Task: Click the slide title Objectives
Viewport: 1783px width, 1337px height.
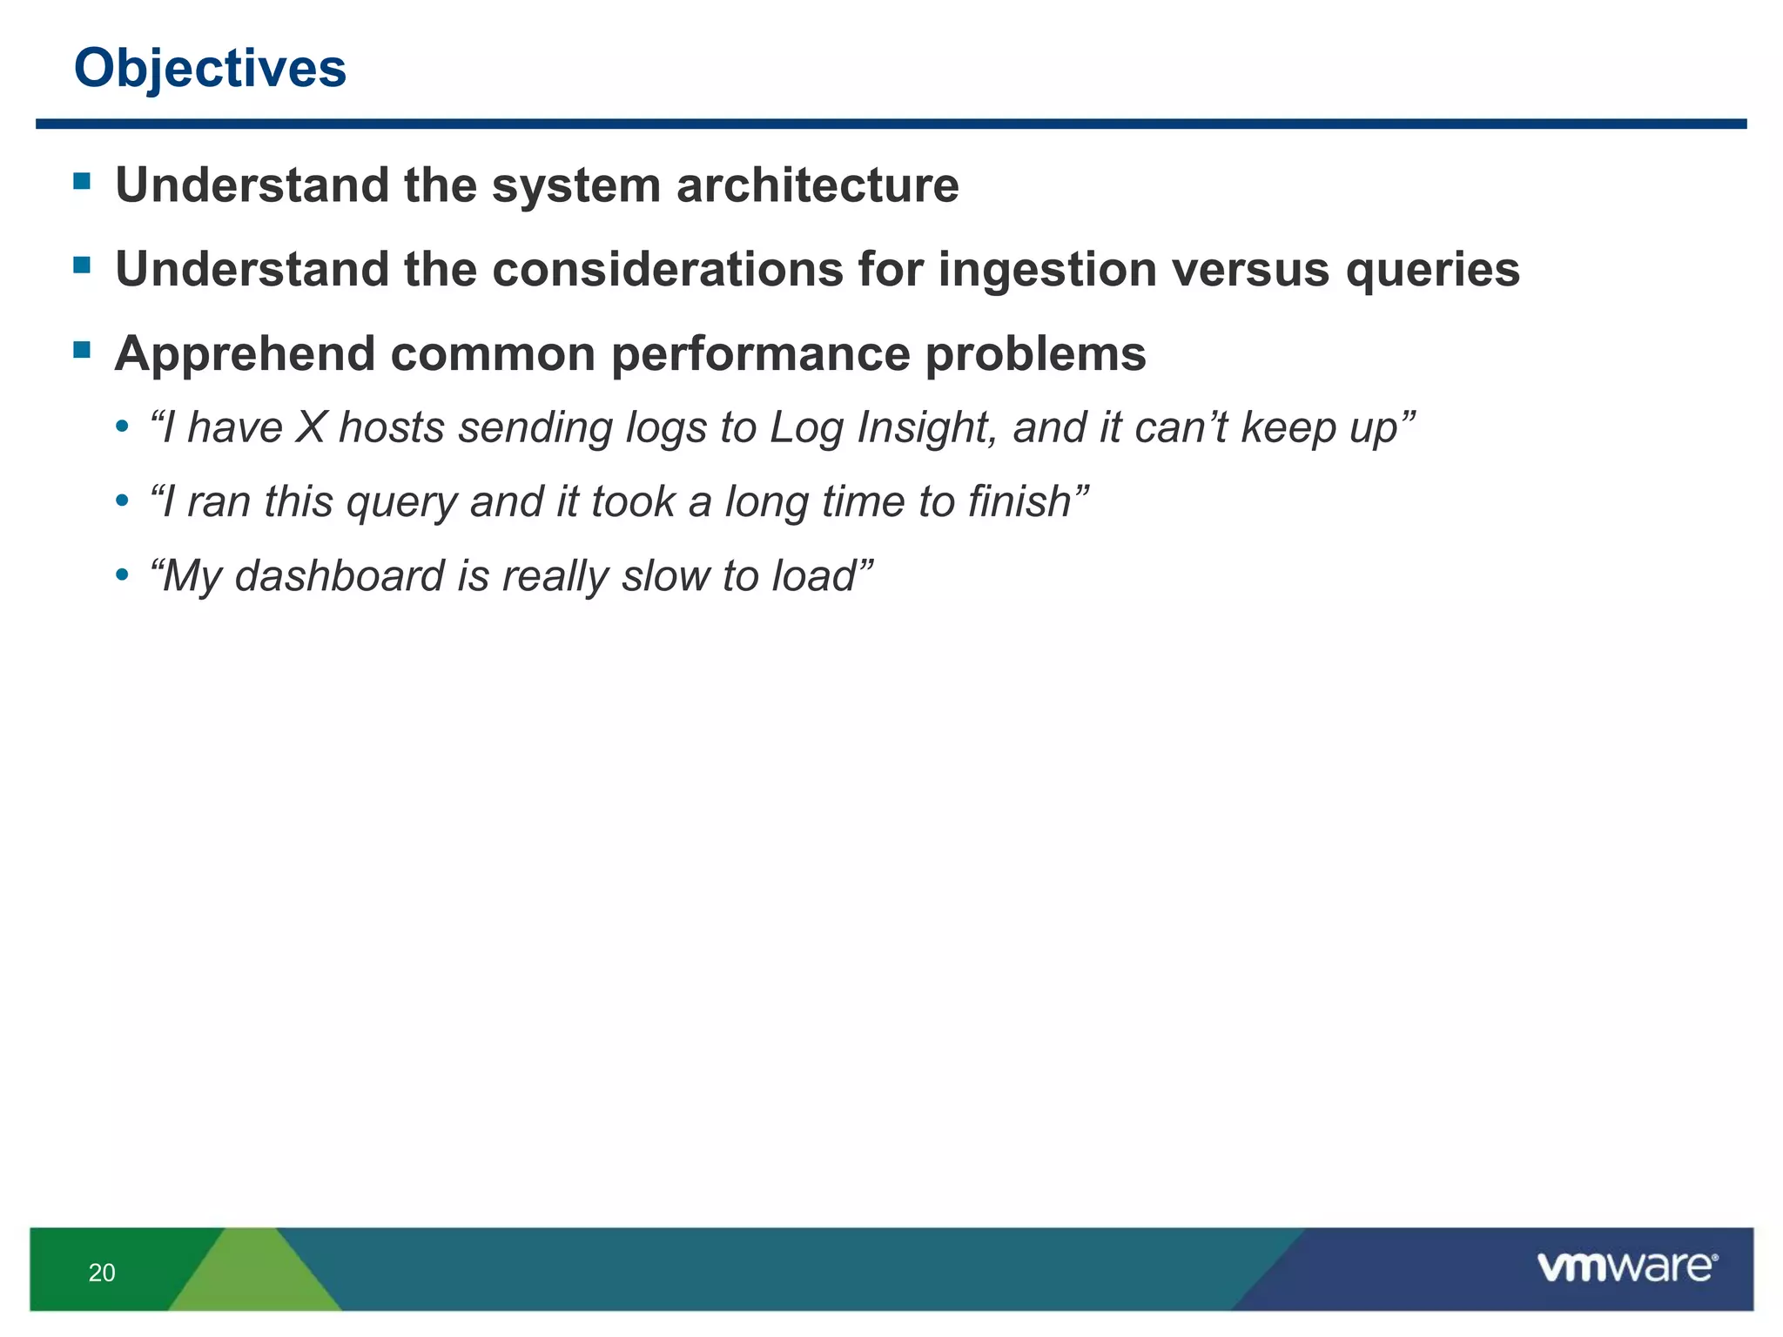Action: (210, 68)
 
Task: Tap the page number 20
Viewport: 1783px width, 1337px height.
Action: (102, 1273)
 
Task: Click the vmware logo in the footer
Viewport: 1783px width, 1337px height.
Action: (1627, 1266)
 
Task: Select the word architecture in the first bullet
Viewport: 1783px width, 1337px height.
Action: (817, 185)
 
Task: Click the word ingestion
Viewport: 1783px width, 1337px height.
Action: (1047, 269)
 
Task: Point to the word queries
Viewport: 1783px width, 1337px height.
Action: (1432, 269)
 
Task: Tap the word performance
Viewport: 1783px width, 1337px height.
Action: (760, 354)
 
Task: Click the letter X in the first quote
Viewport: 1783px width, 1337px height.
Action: (310, 427)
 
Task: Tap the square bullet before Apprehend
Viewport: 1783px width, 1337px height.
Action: (83, 350)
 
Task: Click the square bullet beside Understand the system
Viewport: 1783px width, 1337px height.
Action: (83, 181)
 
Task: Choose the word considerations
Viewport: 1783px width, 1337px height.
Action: (668, 269)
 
